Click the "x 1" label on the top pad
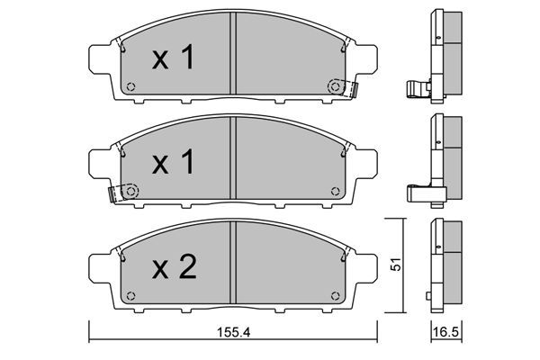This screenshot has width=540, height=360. point(173,60)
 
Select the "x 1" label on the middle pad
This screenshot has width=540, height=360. point(173,164)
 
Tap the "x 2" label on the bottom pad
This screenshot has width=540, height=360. point(173,267)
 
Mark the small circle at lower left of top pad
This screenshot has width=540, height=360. point(130,88)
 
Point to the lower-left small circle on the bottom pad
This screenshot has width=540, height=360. point(130,295)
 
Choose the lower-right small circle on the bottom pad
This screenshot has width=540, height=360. point(336,295)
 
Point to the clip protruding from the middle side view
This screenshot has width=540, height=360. point(420,192)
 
